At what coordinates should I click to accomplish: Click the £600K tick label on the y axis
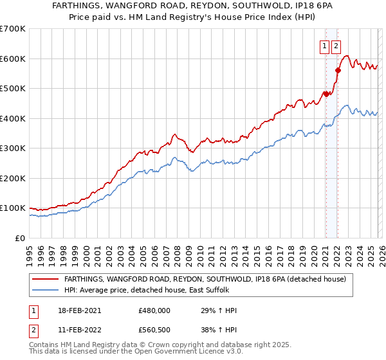(12, 59)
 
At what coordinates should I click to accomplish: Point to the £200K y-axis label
(12, 178)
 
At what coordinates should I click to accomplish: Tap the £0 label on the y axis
(19, 238)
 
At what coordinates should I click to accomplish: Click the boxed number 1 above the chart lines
(326, 46)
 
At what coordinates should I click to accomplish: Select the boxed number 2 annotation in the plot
(336, 46)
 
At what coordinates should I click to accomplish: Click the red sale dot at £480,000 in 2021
(326, 94)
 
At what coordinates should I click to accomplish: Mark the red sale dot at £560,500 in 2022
(337, 70)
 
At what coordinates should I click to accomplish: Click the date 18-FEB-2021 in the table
(79, 310)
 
